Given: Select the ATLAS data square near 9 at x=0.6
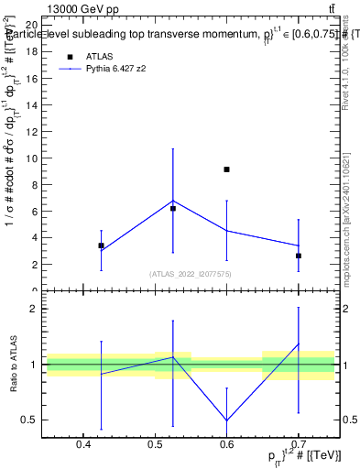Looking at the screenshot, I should pyautogui.click(x=226, y=169).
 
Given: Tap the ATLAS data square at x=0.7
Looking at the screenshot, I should pyautogui.click(x=299, y=256).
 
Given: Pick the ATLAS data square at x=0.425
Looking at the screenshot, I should pyautogui.click(x=101, y=245).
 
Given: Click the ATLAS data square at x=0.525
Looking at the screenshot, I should pyautogui.click(x=173, y=209).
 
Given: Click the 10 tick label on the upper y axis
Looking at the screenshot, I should pyautogui.click(x=32, y=158).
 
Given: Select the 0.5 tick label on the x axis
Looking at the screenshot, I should pyautogui.click(x=155, y=446).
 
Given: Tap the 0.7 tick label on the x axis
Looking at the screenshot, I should pyautogui.click(x=299, y=446).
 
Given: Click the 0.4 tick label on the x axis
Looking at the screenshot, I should pyautogui.click(x=83, y=446).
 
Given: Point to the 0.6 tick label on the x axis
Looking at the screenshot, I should pyautogui.click(x=227, y=446).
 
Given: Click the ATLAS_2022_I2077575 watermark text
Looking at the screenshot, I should pyautogui.click(x=190, y=274).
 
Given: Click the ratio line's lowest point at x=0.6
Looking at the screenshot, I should pyautogui.click(x=226, y=420).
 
